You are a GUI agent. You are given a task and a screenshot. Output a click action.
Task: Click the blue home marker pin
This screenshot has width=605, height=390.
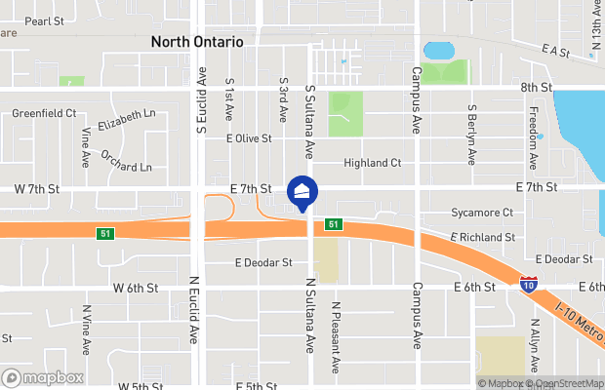(x=302, y=191)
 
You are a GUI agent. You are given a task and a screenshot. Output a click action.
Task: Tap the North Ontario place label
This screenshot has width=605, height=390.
(x=196, y=43)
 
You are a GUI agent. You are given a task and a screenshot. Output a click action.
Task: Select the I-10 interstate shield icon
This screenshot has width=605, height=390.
(x=528, y=285)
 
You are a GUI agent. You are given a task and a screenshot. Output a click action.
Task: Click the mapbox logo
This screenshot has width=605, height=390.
(x=42, y=377)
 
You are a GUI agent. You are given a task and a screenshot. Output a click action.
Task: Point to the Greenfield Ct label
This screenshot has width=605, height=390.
(x=44, y=114)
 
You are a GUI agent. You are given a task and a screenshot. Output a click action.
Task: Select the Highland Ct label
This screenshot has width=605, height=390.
(x=373, y=163)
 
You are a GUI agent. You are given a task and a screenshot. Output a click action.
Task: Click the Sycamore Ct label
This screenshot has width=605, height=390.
(x=482, y=213)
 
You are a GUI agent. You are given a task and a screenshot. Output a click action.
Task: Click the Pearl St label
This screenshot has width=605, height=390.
(x=44, y=19)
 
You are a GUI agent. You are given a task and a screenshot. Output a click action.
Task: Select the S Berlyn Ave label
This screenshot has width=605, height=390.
(x=471, y=135)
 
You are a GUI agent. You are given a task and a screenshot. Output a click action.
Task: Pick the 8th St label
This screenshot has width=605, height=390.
(x=536, y=88)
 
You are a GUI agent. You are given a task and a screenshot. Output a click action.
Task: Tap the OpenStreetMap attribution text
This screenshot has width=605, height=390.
(x=566, y=383)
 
